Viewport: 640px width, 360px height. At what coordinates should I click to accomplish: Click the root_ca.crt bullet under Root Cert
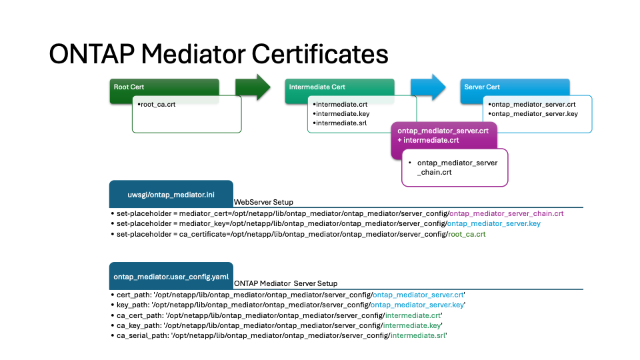pos(158,105)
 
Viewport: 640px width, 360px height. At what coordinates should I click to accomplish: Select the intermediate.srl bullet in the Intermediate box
pos(341,123)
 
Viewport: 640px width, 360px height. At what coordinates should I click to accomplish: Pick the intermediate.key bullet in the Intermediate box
pos(341,114)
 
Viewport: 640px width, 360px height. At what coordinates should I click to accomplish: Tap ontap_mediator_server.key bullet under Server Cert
pos(533,114)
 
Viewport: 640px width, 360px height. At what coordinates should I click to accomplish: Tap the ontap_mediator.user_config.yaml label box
pos(171,276)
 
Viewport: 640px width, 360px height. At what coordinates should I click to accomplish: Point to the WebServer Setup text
pos(263,202)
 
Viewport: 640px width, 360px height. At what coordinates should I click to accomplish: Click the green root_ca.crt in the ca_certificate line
pos(467,235)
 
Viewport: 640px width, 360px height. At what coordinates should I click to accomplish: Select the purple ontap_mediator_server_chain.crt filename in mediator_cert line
pos(507,213)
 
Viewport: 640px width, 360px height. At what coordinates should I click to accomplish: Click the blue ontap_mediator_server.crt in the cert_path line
pos(418,294)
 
